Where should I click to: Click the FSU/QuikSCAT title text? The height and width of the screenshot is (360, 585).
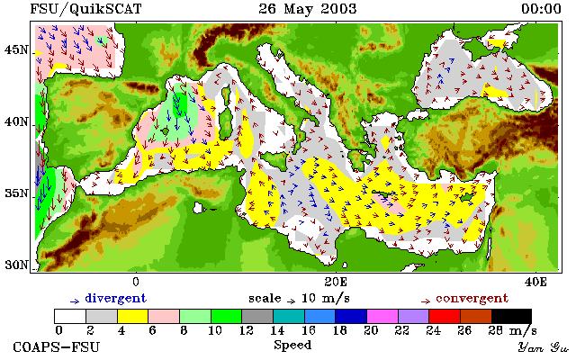(x=85, y=9)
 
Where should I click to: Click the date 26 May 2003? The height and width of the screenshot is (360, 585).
(x=308, y=9)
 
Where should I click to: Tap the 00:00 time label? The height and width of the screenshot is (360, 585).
(x=541, y=9)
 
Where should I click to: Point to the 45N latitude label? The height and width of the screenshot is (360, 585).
(x=16, y=49)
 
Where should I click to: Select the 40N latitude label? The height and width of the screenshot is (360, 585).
(x=16, y=121)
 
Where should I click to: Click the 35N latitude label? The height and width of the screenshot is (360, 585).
(x=16, y=193)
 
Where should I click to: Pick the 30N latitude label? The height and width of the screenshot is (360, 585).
(x=16, y=265)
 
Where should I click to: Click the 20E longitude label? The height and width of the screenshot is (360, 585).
(x=336, y=282)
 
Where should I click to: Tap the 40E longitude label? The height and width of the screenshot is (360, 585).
(x=535, y=282)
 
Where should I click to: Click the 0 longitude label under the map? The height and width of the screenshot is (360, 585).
(x=136, y=282)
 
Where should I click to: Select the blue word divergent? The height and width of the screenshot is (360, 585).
(x=116, y=299)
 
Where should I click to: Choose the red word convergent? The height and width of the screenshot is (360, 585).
(x=472, y=299)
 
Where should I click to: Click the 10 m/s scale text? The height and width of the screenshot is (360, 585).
(x=325, y=299)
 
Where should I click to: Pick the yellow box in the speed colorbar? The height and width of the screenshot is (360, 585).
(x=133, y=316)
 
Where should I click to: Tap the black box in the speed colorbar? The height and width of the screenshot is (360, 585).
(x=511, y=316)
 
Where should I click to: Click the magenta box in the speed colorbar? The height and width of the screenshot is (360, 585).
(x=382, y=316)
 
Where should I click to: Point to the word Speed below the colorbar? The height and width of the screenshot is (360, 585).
(x=292, y=345)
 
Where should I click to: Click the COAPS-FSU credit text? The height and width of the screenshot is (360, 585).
(x=57, y=347)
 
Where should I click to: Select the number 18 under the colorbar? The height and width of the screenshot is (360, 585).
(x=339, y=330)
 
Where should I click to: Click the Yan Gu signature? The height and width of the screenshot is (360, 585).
(x=544, y=348)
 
